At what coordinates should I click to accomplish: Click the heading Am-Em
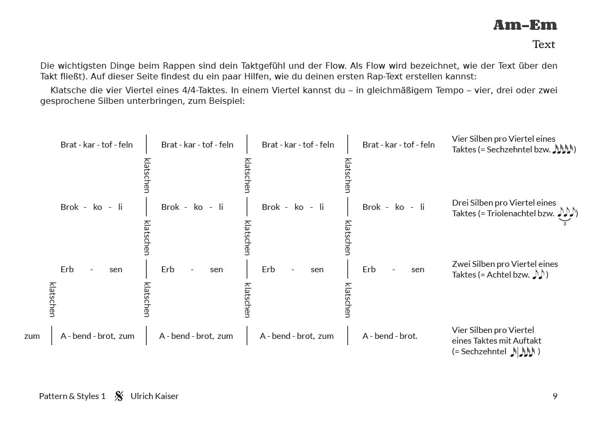pyautogui.click(x=525, y=25)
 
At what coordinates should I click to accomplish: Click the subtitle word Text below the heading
pyautogui.click(x=543, y=44)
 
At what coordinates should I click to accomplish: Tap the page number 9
pyautogui.click(x=555, y=396)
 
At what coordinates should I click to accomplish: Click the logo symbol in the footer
pyautogui.click(x=119, y=396)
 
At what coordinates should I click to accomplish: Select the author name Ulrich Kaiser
pyautogui.click(x=154, y=396)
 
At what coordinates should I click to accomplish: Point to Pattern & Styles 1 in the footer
pyautogui.click(x=72, y=396)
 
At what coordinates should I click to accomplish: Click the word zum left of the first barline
pyautogui.click(x=32, y=336)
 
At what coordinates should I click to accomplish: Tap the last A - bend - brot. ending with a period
pyautogui.click(x=390, y=336)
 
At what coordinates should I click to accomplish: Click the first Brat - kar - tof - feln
pyautogui.click(x=96, y=144)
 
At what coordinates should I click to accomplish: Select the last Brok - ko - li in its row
pyautogui.click(x=393, y=207)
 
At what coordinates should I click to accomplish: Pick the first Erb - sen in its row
pyautogui.click(x=91, y=269)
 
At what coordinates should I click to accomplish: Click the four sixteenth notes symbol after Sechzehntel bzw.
pyautogui.click(x=563, y=149)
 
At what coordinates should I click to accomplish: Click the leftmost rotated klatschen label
pyautogui.click(x=52, y=299)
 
